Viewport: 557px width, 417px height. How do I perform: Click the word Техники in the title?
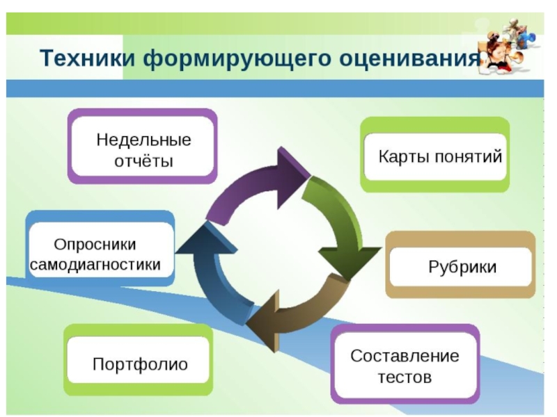coord(88,58)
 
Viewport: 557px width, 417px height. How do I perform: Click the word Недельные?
coord(143,140)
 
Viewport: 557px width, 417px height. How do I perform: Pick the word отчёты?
coord(143,161)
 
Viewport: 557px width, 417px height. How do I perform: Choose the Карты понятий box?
coord(435,154)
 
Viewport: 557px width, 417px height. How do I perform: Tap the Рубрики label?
coord(462,267)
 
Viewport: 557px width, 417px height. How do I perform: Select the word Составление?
coord(405,356)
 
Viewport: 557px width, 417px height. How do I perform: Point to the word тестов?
coord(405,377)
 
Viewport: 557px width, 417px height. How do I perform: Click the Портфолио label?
coord(140,364)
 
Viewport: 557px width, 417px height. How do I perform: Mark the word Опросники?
coord(95,245)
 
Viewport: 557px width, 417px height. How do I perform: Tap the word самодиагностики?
coord(95,265)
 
